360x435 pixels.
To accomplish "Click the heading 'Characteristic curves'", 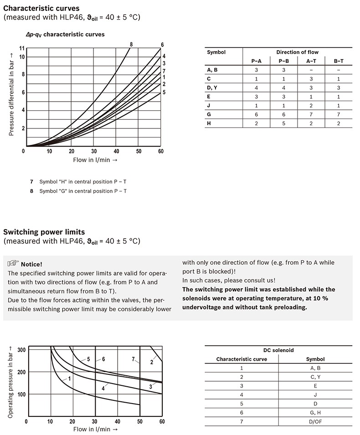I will (41, 8).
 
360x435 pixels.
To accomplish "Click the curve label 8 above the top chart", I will (131, 44).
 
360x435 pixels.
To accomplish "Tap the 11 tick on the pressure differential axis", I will (22, 48).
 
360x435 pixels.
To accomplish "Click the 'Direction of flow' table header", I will (297, 52).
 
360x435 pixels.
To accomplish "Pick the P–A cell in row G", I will (256, 115).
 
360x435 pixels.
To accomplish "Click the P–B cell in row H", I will (283, 123).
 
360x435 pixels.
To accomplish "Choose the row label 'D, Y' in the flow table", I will (212, 87).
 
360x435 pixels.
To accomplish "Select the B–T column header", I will (339, 61).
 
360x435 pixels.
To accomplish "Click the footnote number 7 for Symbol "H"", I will (31, 182).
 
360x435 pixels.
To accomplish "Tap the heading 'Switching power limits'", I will (44, 232).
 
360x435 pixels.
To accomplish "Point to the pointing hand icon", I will (14, 264).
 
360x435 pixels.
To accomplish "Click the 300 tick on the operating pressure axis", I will (21, 349).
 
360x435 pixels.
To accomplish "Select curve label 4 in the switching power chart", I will (103, 389).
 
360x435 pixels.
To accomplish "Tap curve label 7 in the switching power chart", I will (134, 359).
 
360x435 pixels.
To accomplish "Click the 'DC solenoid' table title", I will (278, 350).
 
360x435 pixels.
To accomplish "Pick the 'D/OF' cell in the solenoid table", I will (315, 421).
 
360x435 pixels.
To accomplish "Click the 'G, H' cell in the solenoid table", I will (315, 413).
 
